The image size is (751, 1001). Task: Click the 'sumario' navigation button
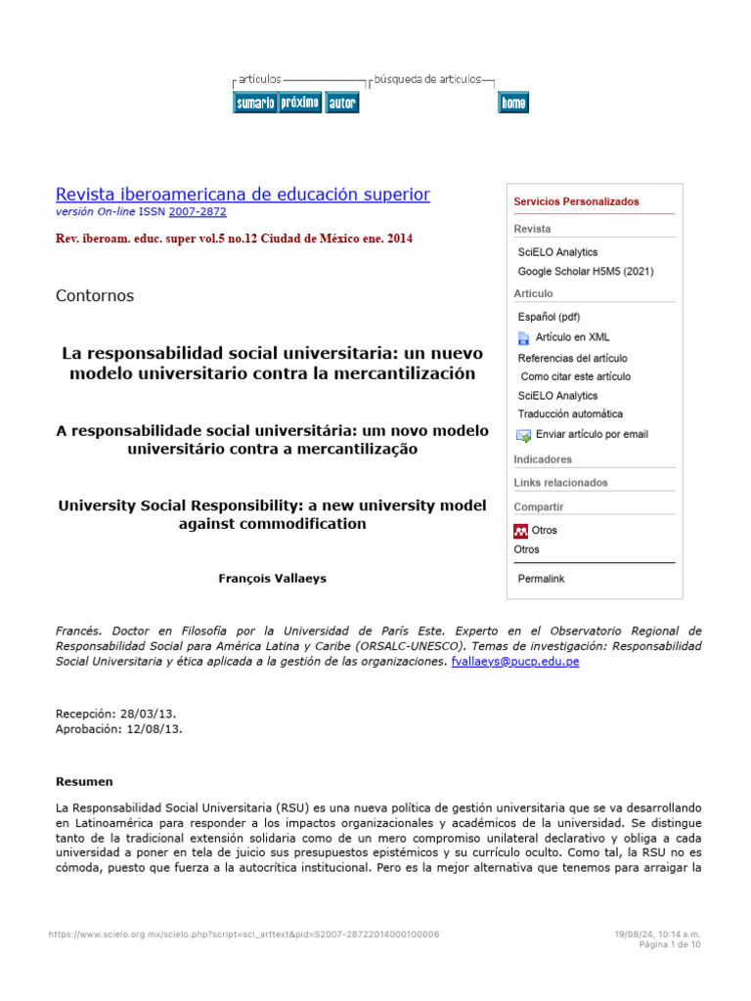254,103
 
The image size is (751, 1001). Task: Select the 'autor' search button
341,103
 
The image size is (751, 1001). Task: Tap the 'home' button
513,103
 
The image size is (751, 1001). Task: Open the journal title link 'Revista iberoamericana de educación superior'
243,195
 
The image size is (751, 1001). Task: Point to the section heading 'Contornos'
95,295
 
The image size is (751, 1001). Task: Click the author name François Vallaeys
272,579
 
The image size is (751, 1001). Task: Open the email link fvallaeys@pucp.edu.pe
514,662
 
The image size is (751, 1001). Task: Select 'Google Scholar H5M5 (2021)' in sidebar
586,272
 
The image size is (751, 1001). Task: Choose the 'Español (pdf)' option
549,317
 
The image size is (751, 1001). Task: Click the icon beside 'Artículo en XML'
523,337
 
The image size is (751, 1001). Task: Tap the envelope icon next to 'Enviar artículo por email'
523,435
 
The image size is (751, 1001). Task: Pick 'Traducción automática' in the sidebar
570,414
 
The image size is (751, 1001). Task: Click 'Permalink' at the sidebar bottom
541,579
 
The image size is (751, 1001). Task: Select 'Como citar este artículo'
575,376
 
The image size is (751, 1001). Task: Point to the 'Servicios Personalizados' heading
576,201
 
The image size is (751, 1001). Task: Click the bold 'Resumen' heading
84,782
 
